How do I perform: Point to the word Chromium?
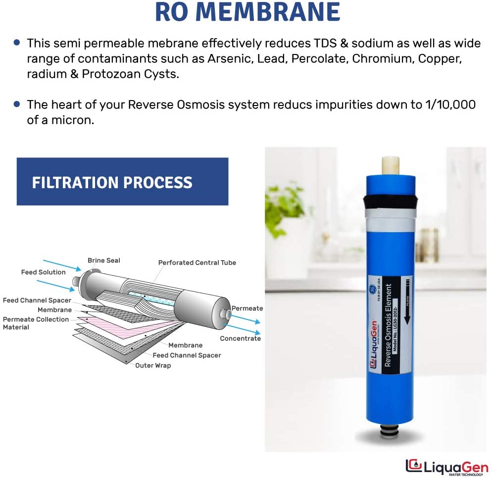click(x=376, y=59)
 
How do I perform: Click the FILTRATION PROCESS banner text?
click(x=112, y=182)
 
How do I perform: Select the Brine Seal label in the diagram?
click(x=103, y=261)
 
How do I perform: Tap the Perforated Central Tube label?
click(x=197, y=263)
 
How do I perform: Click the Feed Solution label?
click(x=43, y=272)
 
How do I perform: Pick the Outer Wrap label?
click(x=153, y=366)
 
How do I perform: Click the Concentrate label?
click(x=240, y=338)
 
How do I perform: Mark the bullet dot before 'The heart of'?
click(x=17, y=105)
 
